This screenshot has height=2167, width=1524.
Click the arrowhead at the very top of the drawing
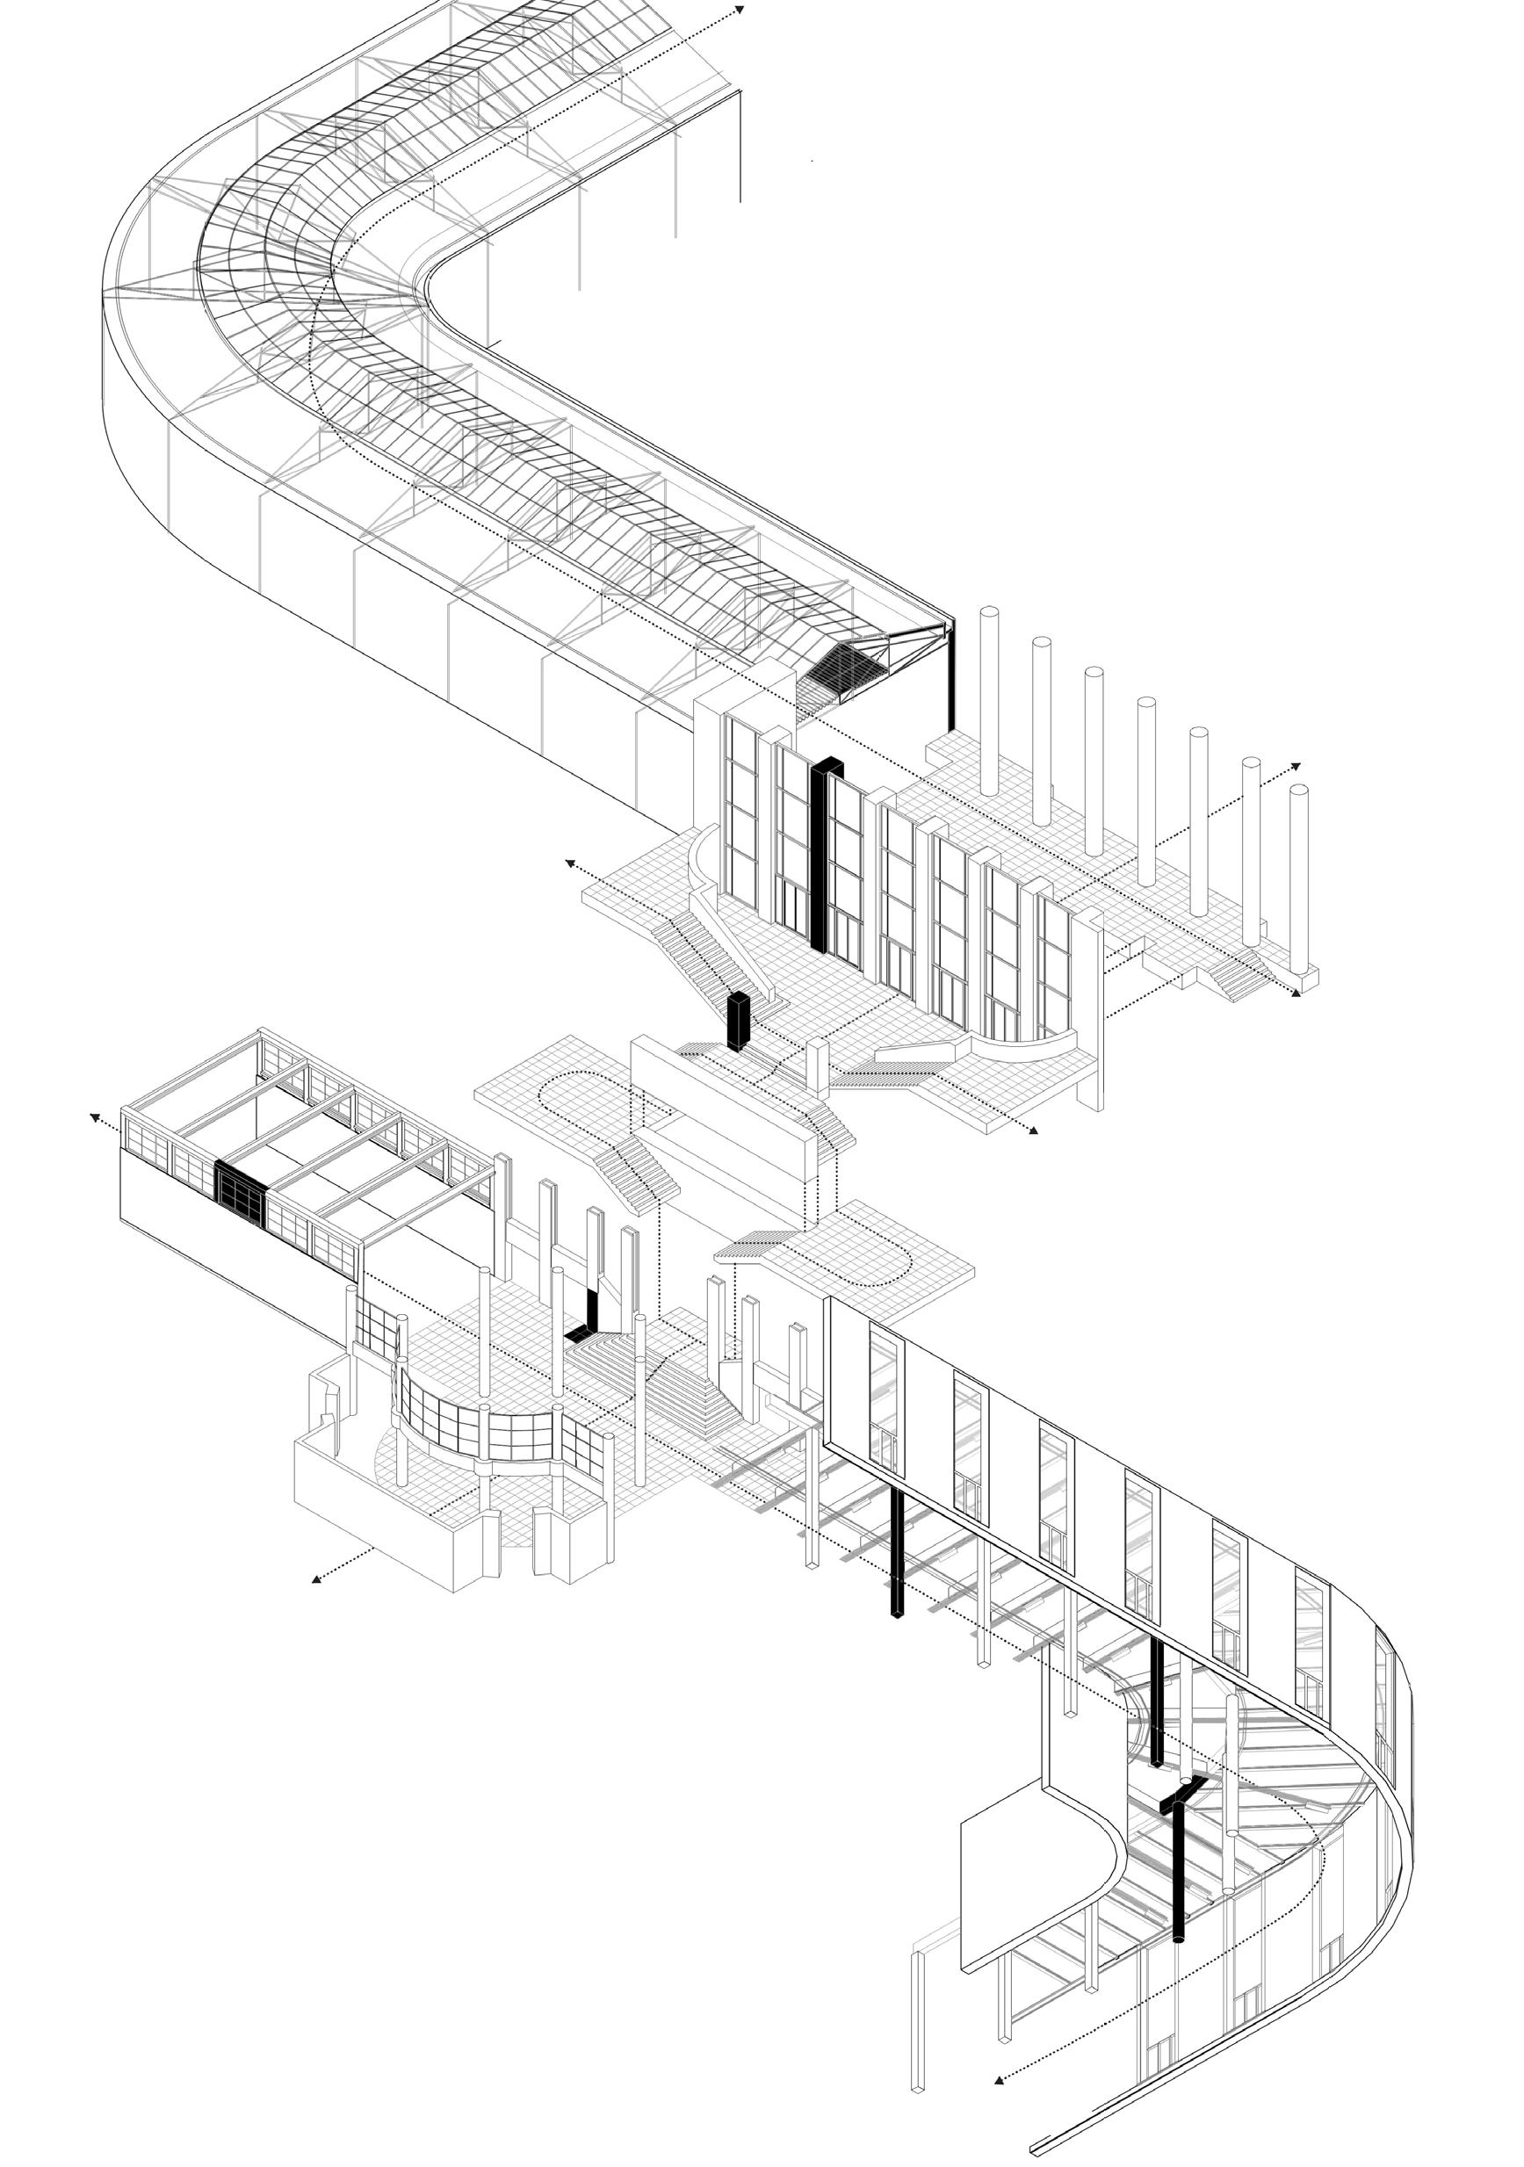[740, 11]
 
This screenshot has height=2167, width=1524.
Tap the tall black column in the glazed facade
[816, 849]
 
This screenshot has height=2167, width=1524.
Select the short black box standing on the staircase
[738, 1022]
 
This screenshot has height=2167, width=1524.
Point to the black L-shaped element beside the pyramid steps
[587, 1318]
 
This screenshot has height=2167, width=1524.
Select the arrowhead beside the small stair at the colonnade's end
[1296, 993]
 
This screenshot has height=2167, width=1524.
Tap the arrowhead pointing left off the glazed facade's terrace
[570, 862]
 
